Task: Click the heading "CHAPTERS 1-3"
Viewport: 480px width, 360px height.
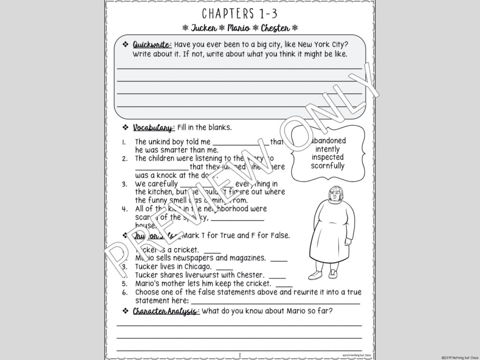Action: tap(240, 13)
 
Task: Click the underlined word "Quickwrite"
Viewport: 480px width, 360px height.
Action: tap(152, 45)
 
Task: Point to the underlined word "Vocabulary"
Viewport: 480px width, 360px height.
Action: tap(153, 127)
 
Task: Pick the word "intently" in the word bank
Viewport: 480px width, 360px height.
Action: tap(328, 149)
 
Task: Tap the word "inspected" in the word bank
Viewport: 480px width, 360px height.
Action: tap(328, 157)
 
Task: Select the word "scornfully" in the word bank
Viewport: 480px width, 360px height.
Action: tap(328, 166)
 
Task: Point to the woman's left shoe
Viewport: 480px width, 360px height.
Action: tap(333, 274)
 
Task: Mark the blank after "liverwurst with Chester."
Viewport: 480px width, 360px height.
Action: tap(277, 275)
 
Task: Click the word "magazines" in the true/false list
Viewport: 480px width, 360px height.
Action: tap(247, 258)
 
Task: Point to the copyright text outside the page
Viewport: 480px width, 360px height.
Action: tap(460, 357)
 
